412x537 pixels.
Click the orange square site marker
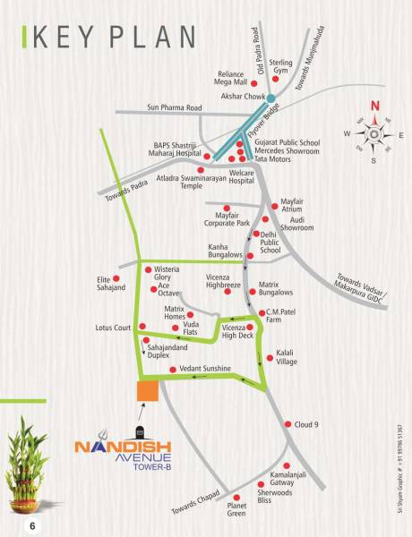point(147,391)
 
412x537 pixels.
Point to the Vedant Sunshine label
point(205,369)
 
